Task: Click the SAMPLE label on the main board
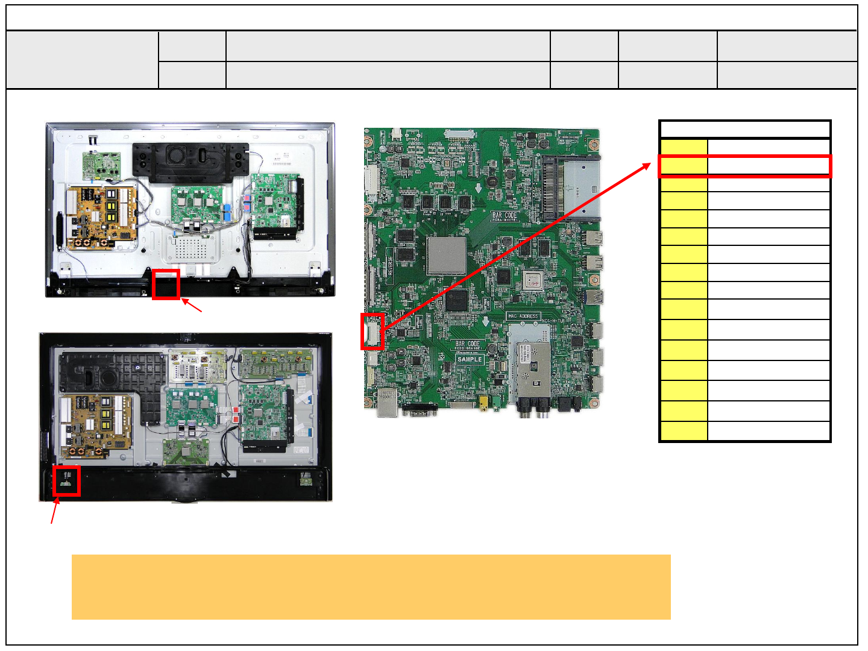click(x=470, y=359)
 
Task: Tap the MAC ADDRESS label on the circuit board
click(x=523, y=316)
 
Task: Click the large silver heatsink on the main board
click(x=447, y=255)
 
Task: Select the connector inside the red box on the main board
click(x=373, y=331)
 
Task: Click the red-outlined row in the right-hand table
click(x=745, y=166)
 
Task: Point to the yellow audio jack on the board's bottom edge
click(x=483, y=402)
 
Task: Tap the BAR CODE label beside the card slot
click(x=505, y=216)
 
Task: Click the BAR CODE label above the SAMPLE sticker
click(x=468, y=345)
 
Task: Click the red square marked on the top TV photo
click(x=166, y=284)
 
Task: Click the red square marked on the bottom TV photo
click(x=66, y=480)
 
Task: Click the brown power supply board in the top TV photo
click(x=101, y=218)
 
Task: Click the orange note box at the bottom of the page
click(x=371, y=587)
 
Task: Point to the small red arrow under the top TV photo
click(x=192, y=305)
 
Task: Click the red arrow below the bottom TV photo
click(x=55, y=513)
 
